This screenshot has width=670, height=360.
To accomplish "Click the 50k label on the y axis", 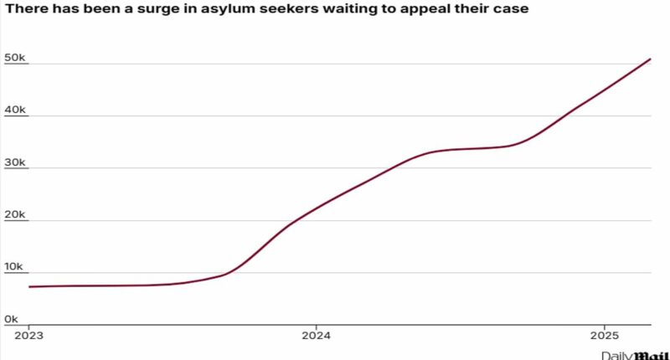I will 17,58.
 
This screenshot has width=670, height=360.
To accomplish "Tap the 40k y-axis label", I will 17,110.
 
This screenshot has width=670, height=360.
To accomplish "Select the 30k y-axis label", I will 17,162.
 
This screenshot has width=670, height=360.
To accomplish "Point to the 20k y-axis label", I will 17,214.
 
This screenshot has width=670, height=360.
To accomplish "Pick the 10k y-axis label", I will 17,266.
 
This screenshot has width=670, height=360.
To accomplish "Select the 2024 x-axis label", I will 316,337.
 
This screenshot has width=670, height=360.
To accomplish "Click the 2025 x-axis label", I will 604,337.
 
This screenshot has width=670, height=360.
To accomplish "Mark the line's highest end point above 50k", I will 651,59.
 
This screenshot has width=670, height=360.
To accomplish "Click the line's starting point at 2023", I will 29,286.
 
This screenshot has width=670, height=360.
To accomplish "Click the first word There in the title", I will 25,10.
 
